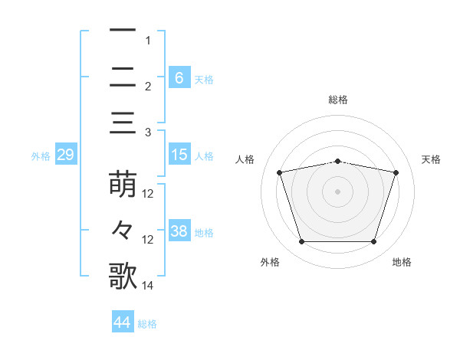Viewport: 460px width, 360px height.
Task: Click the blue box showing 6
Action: (x=179, y=77)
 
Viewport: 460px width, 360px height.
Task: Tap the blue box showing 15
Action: (x=179, y=155)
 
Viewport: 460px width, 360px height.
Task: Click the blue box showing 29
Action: (x=64, y=155)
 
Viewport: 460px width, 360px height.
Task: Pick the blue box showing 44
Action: (x=122, y=322)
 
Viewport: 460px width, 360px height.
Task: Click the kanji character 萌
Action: (x=123, y=185)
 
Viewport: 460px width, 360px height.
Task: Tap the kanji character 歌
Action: (x=123, y=277)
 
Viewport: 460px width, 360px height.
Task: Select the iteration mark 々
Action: (x=123, y=231)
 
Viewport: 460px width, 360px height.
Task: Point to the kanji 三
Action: (x=123, y=123)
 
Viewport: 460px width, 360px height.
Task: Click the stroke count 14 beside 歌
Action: (x=149, y=286)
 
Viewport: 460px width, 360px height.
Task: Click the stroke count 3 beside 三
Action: (x=147, y=133)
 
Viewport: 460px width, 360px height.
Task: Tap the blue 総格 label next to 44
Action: (x=147, y=324)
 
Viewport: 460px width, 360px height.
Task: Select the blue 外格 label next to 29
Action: (x=41, y=156)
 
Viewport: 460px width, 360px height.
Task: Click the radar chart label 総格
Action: (x=338, y=100)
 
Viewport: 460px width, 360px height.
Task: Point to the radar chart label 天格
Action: (x=432, y=159)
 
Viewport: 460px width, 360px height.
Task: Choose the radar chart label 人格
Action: (x=245, y=159)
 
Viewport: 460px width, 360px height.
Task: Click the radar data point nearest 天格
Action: (x=396, y=172)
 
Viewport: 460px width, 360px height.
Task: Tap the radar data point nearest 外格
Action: (x=301, y=242)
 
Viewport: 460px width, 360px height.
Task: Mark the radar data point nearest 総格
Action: (x=338, y=161)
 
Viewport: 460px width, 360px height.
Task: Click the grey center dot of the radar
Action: (x=338, y=191)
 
